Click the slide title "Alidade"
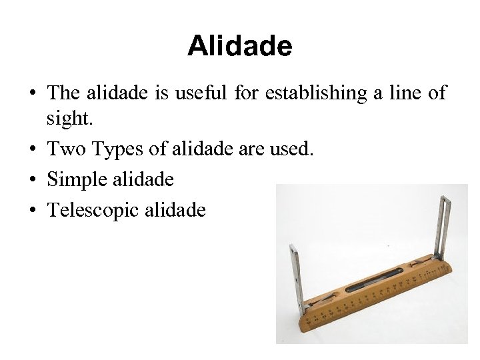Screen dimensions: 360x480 [239, 46]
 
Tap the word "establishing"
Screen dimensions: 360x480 [316, 93]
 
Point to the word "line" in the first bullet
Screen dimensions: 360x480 [401, 93]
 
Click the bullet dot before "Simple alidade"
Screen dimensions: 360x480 [33, 180]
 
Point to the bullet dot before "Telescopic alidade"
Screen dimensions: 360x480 [33, 211]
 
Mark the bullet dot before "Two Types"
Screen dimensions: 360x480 [33, 150]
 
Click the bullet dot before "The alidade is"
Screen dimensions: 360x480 [33, 94]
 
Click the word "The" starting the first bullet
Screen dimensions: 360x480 [64, 93]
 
